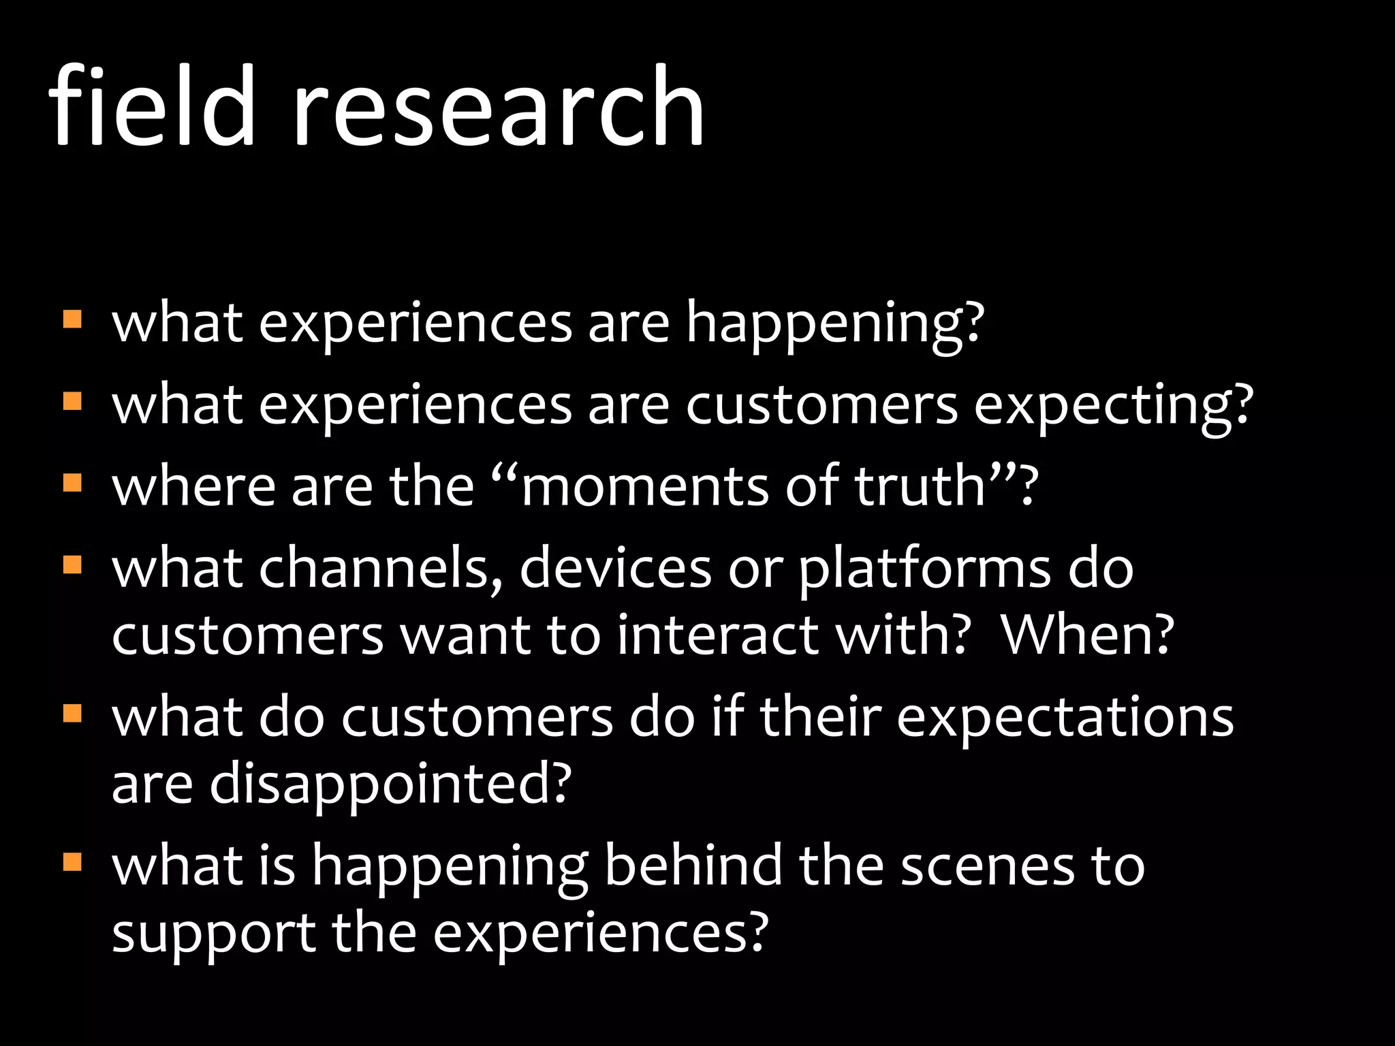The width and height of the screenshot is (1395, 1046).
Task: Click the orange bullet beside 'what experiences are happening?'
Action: tap(72, 319)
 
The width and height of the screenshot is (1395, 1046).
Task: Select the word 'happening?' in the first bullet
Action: tap(835, 326)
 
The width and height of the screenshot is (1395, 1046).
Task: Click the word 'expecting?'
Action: tap(1113, 407)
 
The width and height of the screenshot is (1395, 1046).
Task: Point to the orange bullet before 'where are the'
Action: tap(72, 483)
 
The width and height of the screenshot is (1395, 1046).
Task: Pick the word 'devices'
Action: tap(615, 568)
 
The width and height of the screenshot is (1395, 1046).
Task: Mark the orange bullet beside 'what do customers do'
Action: tap(72, 714)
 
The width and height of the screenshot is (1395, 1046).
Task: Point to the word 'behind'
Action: tap(693, 866)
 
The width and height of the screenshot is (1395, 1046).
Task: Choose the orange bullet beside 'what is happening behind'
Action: tap(72, 863)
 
